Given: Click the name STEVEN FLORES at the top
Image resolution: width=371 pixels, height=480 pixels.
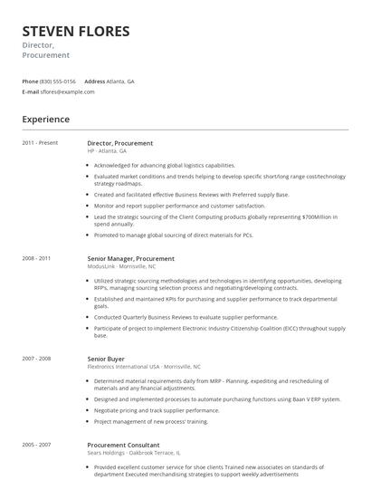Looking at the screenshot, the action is tap(76, 32).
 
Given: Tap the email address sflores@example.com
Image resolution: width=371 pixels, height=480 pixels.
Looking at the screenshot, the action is tap(67, 91).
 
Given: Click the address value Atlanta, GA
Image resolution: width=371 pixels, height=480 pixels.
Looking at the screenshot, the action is tap(120, 81).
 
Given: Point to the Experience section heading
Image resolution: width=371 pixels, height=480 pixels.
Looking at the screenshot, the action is tap(45, 119).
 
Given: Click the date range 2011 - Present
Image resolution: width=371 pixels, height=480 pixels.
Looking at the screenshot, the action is tap(40, 142).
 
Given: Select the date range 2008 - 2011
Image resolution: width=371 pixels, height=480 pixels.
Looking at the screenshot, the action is tap(36, 258).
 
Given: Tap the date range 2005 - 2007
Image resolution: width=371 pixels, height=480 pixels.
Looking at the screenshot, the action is tap(36, 445).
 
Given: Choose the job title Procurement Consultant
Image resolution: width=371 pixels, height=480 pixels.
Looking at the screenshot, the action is tap(123, 446).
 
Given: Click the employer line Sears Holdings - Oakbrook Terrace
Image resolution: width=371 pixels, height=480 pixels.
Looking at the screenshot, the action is tap(134, 453).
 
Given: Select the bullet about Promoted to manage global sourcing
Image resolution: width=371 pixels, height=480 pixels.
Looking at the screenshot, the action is tap(173, 235).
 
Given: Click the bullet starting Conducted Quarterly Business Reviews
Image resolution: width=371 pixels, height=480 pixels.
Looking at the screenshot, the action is tap(185, 317).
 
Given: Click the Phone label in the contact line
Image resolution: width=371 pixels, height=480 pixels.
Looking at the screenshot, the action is tap(30, 81).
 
